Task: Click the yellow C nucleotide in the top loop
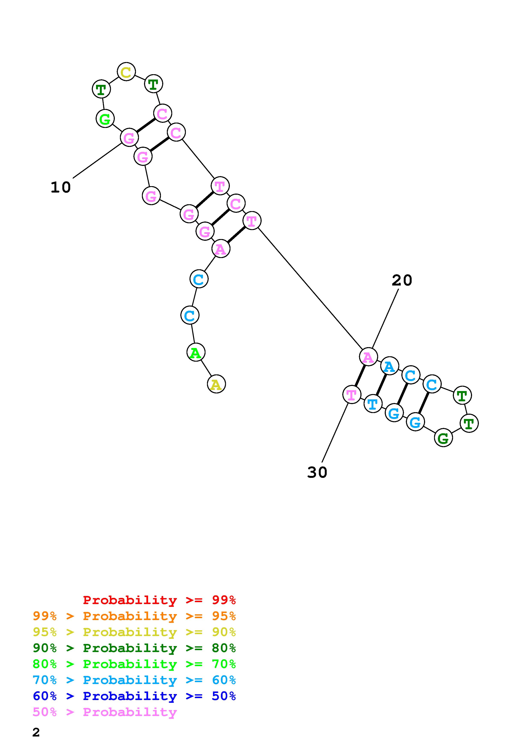point(126,72)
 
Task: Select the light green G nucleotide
point(105,119)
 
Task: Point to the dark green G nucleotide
point(443,438)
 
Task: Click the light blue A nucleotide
point(389,366)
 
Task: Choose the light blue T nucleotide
point(373,404)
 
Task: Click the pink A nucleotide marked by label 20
point(368,357)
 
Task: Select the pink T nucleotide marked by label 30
point(351,394)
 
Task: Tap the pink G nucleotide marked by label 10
point(129,138)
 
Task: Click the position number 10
point(61,187)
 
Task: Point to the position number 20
point(402,280)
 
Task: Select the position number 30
point(317,472)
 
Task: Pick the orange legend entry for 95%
point(134,616)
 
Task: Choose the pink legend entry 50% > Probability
point(105,712)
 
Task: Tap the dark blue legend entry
point(134,696)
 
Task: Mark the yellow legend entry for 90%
point(134,632)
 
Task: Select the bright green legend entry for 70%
point(134,664)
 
